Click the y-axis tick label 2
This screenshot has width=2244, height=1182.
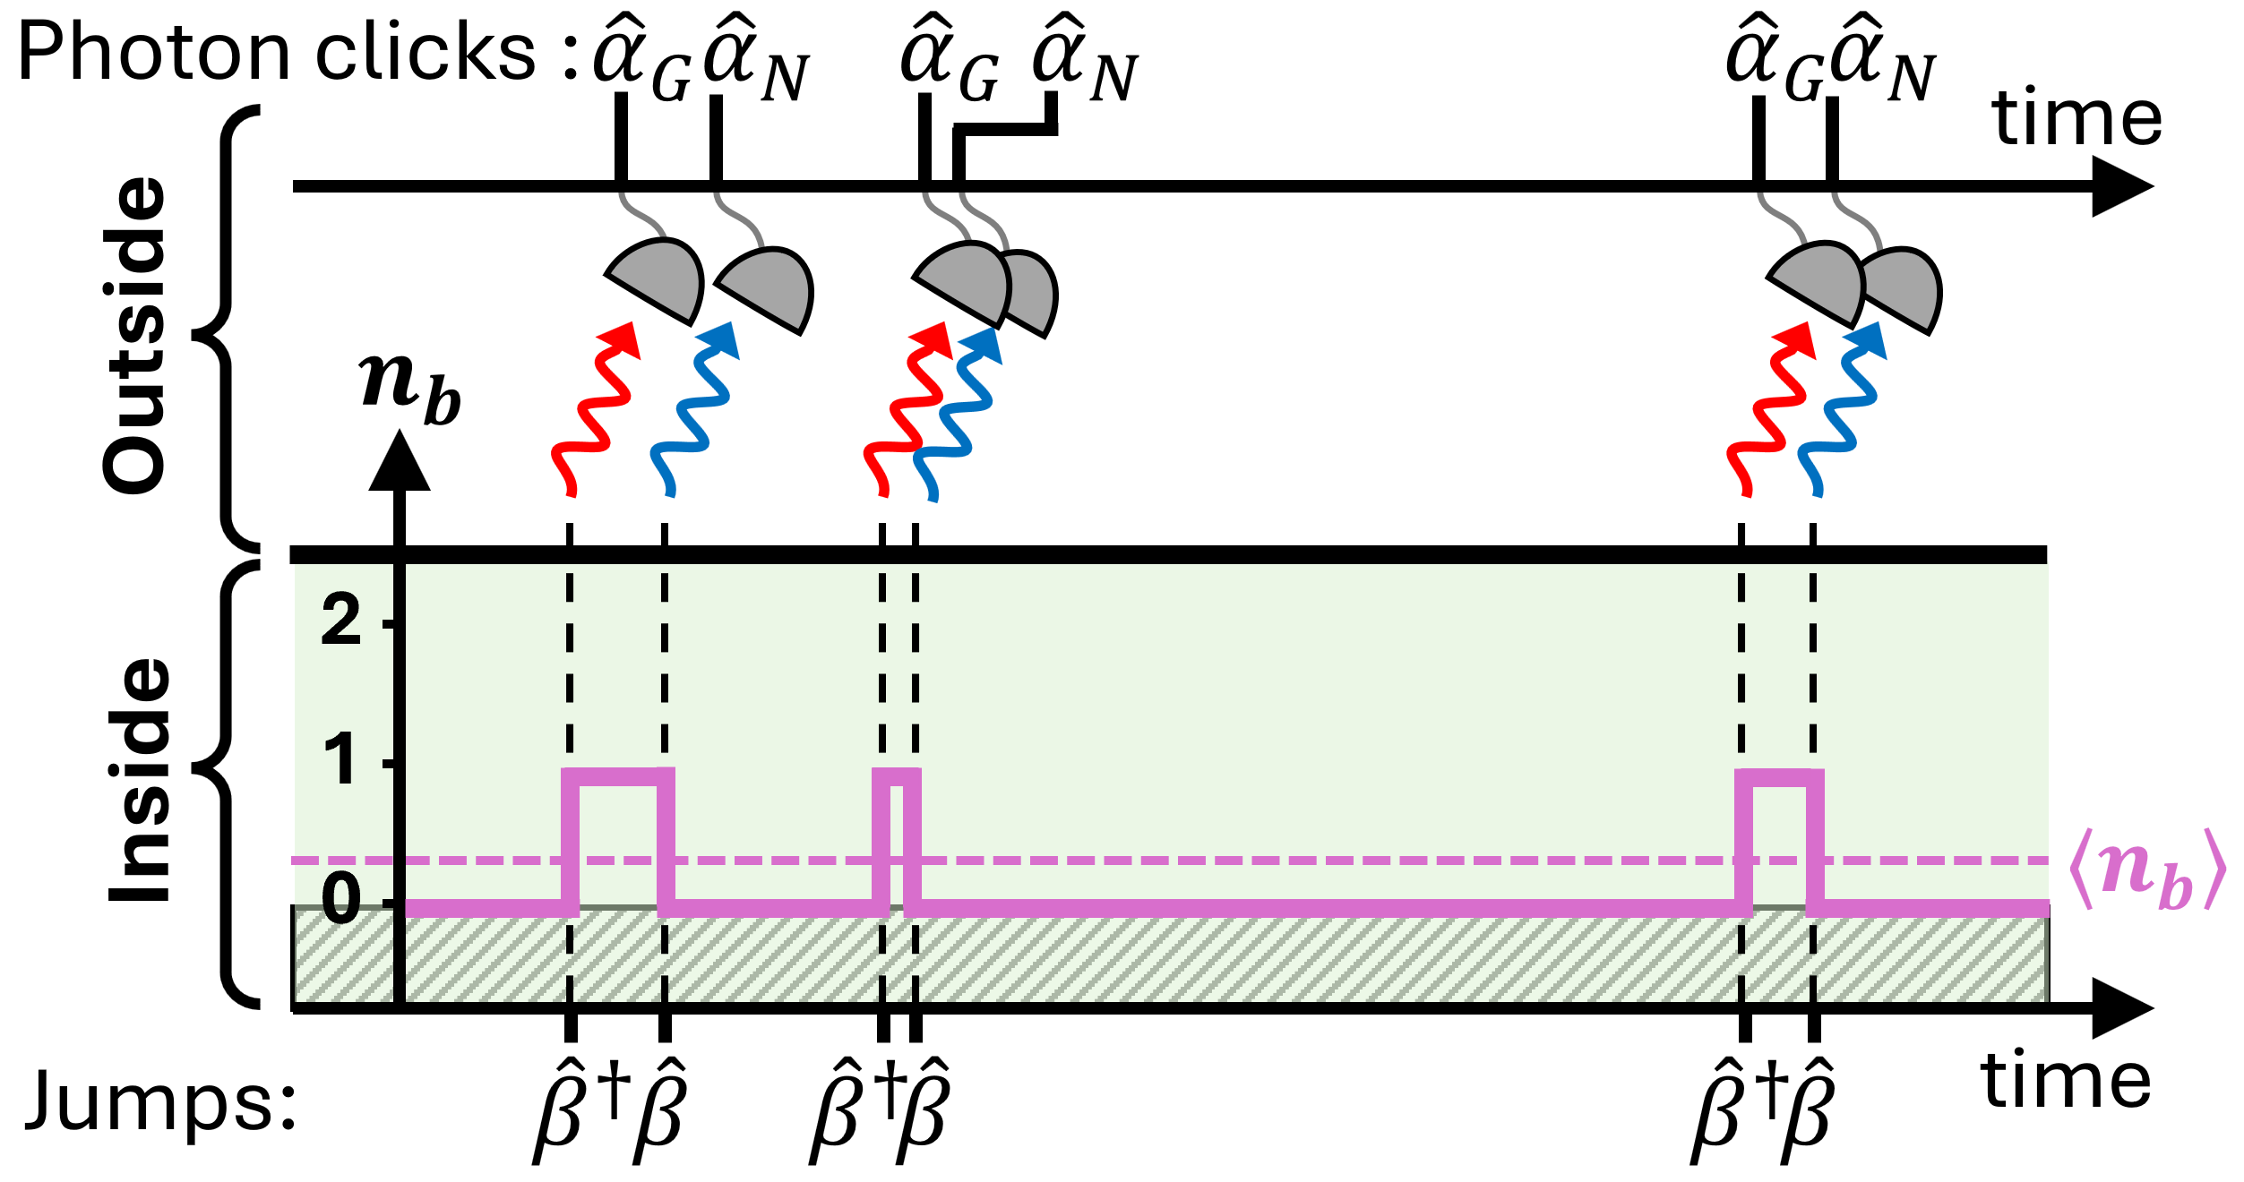340,621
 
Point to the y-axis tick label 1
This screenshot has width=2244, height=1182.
340,760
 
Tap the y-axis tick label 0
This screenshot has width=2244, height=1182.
340,899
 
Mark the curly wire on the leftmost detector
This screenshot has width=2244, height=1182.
641,215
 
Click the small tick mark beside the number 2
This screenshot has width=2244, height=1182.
388,623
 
